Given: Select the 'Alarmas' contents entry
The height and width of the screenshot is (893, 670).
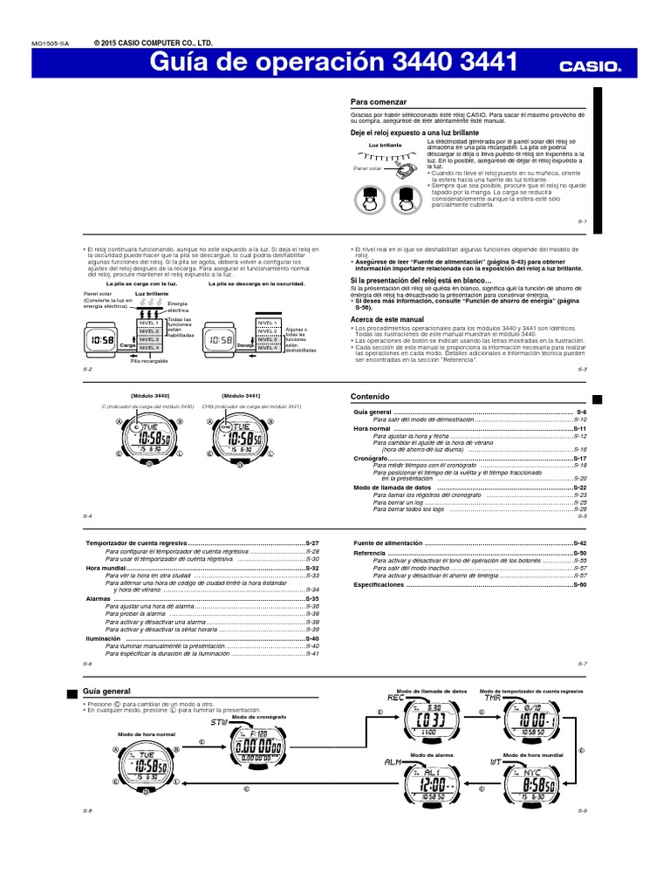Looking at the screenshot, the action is pos(99,600).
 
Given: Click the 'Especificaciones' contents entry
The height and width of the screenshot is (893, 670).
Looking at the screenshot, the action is pos(379,585).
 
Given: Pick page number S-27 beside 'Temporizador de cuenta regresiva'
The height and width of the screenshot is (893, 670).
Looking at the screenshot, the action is pos(312,543).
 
